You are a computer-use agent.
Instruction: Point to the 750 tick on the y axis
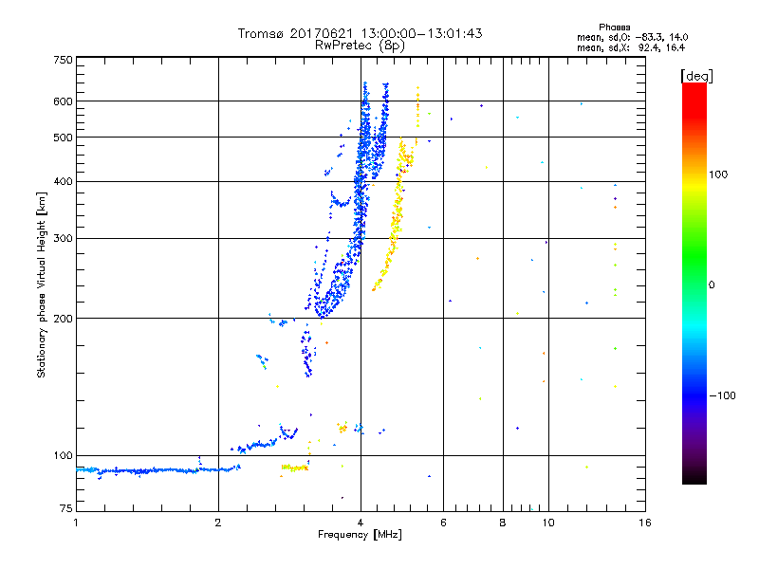[63, 60]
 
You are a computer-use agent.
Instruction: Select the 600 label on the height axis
[63, 101]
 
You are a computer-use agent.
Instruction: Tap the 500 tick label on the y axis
[63, 138]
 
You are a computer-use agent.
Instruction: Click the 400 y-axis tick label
[63, 182]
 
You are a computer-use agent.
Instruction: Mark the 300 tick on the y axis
[63, 239]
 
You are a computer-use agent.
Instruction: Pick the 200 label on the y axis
[63, 319]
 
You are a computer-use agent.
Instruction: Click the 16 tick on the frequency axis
[644, 523]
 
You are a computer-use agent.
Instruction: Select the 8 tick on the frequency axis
[503, 523]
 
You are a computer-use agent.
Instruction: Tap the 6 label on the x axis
[444, 523]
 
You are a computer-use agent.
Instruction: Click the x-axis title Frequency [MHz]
[361, 535]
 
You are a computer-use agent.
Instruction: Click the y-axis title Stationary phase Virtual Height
[42, 284]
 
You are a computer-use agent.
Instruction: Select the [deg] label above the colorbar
[697, 75]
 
